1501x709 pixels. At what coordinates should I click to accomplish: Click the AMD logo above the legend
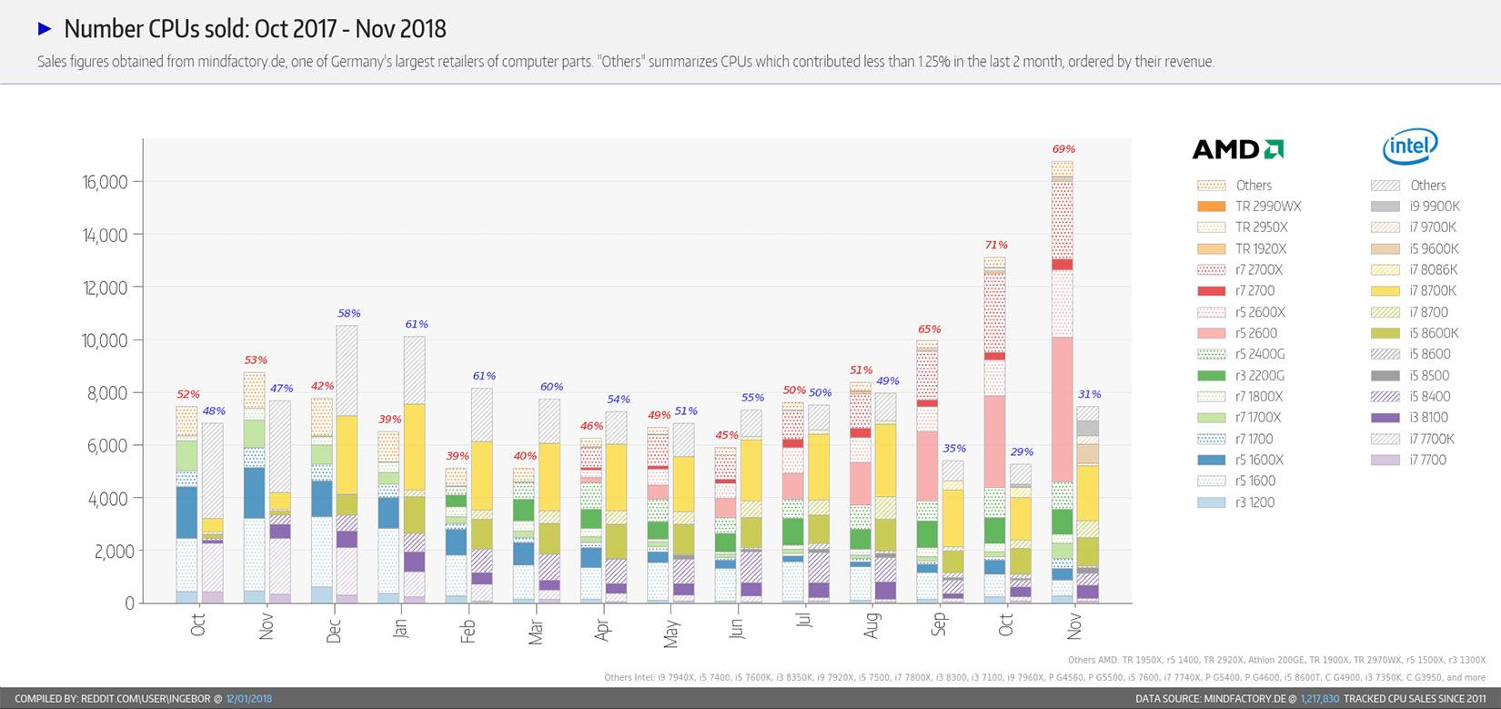tap(1238, 149)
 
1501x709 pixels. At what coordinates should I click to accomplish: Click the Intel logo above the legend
tap(1410, 146)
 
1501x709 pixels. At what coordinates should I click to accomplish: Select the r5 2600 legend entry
tap(1255, 333)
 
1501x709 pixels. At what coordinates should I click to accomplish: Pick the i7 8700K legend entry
tap(1433, 291)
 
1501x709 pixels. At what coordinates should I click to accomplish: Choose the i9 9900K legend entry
tap(1435, 207)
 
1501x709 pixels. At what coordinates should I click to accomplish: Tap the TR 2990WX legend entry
tap(1267, 207)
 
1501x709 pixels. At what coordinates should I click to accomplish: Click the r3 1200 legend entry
tap(1254, 502)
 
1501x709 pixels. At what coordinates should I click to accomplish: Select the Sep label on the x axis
tap(939, 624)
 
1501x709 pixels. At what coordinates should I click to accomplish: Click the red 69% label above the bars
tap(1063, 149)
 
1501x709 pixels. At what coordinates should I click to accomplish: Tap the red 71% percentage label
tap(996, 245)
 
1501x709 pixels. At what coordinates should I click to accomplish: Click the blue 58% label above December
tap(349, 313)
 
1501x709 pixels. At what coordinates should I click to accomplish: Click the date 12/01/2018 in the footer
tap(249, 699)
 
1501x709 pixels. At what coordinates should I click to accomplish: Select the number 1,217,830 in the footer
tap(1320, 699)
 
